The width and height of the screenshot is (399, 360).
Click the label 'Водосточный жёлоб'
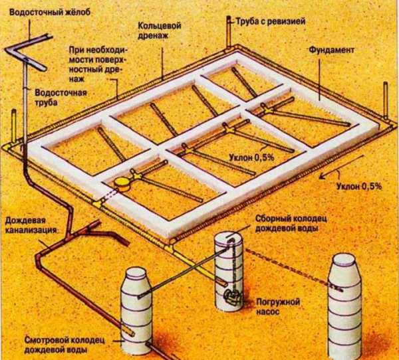pyautogui.click(x=50, y=12)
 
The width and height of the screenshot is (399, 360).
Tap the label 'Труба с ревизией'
pyautogui.click(x=271, y=21)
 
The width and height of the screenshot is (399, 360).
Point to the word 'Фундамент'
pyautogui.click(x=332, y=50)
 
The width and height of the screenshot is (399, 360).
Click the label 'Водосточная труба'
pyautogui.click(x=61, y=97)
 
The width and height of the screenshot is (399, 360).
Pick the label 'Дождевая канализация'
pyautogui.click(x=31, y=225)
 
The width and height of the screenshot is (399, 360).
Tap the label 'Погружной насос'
pyautogui.click(x=278, y=307)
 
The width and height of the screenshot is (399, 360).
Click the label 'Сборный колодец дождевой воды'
pyautogui.click(x=291, y=223)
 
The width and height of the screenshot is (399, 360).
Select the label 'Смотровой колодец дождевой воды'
pyautogui.click(x=65, y=345)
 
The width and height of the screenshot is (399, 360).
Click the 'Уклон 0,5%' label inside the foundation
pyautogui.click(x=251, y=157)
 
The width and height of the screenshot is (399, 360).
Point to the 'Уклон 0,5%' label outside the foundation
pyautogui.click(x=359, y=187)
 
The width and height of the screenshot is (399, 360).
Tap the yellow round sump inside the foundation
pyautogui.click(x=122, y=184)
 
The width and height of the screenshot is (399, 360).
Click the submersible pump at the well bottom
pyautogui.click(x=232, y=296)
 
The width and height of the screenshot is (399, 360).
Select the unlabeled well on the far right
pyautogui.click(x=344, y=307)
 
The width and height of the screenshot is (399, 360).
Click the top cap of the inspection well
pyautogui.click(x=136, y=273)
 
